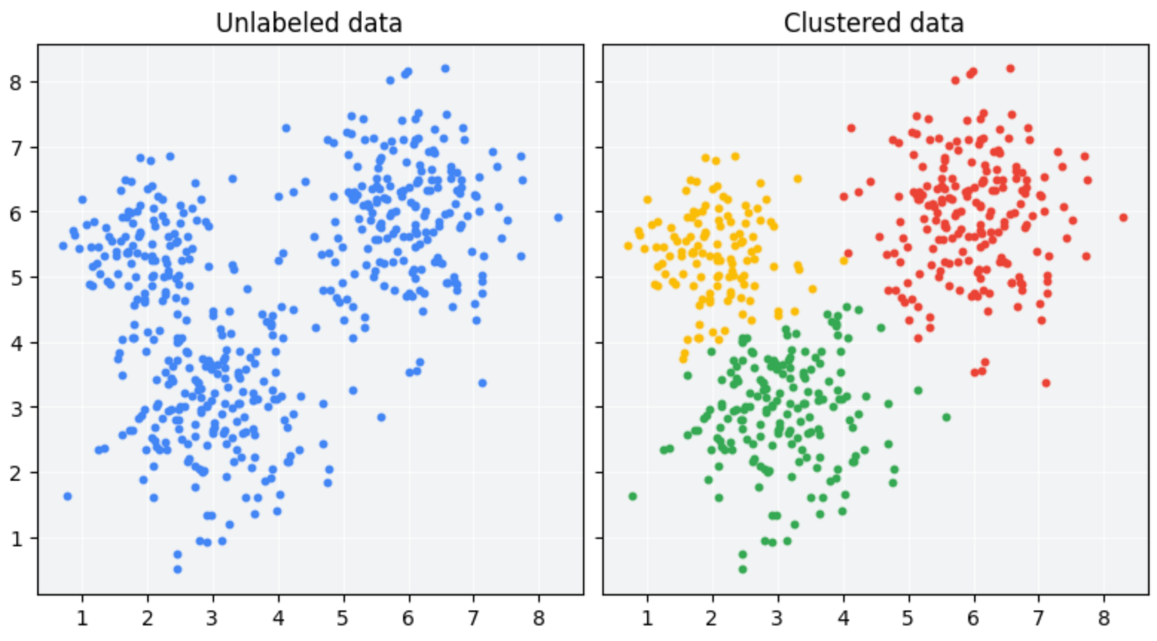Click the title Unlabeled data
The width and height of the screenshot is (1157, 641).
click(309, 23)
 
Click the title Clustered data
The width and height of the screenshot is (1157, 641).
click(874, 23)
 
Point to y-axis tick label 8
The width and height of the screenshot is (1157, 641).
click(16, 82)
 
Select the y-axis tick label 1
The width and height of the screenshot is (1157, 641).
click(16, 539)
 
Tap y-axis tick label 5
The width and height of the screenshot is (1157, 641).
click(16, 278)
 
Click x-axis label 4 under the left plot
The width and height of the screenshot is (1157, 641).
click(278, 618)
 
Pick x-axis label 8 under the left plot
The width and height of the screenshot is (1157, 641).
click(538, 618)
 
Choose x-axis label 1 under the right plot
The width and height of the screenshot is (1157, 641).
click(647, 618)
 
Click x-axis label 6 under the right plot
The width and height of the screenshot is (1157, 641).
click(973, 618)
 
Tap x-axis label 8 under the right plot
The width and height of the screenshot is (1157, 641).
click(1103, 618)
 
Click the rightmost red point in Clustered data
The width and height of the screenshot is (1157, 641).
click(1123, 218)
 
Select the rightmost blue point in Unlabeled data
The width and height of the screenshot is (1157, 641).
click(558, 218)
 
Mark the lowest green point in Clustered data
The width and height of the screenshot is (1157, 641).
click(742, 570)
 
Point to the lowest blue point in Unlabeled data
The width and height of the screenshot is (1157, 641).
click(178, 570)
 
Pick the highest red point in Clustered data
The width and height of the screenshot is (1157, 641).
click(1011, 68)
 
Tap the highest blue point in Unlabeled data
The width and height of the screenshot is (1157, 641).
click(445, 68)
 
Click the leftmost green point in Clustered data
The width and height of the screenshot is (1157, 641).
click(632, 497)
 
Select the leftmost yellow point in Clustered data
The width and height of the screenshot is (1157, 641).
click(628, 246)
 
